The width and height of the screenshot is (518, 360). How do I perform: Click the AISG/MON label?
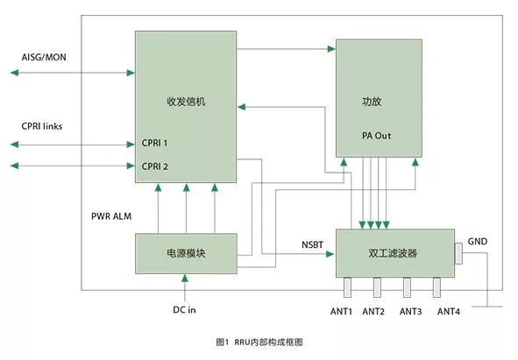point(44,57)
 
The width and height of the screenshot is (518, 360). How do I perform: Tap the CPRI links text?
point(41,126)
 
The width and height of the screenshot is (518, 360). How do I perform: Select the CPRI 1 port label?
point(154,143)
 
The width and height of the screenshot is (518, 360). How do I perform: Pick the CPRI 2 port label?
point(154,166)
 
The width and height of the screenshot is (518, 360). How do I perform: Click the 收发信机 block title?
point(186,101)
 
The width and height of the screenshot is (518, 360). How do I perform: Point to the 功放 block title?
point(372,101)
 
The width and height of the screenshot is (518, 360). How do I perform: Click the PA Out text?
point(376,136)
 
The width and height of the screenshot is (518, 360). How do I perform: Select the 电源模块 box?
point(186,253)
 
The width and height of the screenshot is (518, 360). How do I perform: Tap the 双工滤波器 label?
point(393,253)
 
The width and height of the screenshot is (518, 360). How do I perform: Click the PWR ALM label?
point(111,216)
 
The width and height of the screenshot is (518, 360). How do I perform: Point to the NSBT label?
point(312,244)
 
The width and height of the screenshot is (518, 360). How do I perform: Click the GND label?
point(478,242)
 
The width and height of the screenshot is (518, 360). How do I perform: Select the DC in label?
point(184,310)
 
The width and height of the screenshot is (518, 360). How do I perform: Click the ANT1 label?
point(341,312)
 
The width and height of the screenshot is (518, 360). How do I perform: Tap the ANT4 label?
point(448,312)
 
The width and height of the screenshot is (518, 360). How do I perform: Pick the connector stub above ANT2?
point(377,287)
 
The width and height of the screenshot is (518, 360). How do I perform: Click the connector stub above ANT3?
point(407,287)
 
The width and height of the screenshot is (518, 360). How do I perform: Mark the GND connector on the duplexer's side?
point(458,254)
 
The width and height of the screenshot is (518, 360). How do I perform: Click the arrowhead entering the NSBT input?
point(330,254)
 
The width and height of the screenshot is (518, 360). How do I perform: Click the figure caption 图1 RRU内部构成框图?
point(259,342)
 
